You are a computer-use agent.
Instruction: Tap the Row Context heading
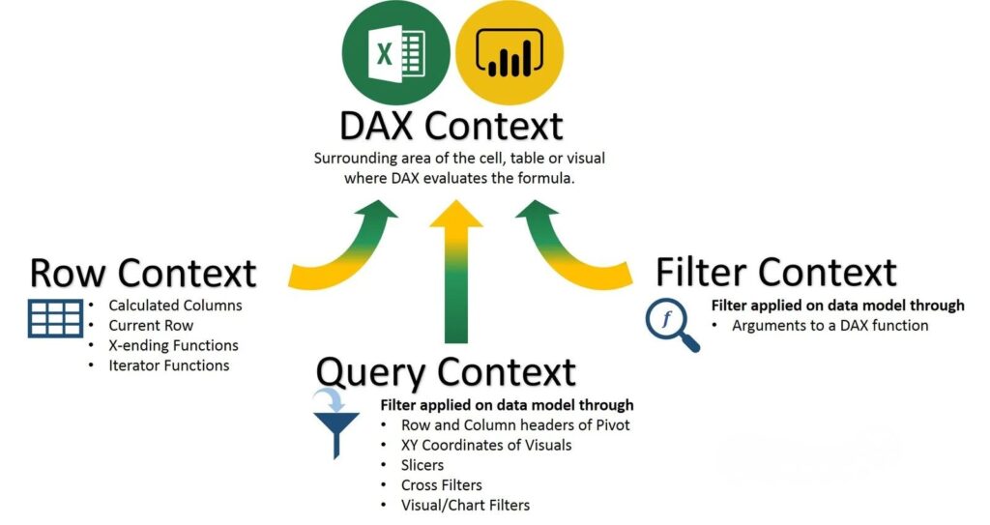(143, 273)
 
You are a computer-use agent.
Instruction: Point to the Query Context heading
(446, 372)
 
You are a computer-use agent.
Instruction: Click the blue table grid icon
(55, 318)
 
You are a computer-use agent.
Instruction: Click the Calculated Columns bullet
(175, 306)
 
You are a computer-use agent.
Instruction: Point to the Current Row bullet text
(151, 326)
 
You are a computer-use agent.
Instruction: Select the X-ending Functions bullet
(173, 345)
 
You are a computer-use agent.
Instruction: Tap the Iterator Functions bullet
(169, 365)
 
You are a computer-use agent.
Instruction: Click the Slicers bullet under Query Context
(422, 465)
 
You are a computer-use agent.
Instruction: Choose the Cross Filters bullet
(442, 485)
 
